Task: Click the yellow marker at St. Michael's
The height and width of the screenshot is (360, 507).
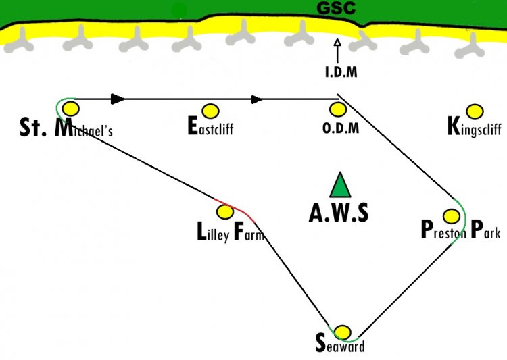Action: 71,108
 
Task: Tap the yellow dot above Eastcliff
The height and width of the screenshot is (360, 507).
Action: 210,111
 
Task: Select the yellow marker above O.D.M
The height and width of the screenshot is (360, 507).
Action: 338,109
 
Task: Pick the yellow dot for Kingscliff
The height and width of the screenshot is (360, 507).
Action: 475,111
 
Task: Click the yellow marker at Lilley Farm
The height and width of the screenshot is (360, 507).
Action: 224,211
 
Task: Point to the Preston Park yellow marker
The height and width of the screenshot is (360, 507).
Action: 452,216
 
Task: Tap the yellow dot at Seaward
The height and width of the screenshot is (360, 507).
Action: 342,332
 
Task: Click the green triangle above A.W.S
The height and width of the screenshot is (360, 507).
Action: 340,185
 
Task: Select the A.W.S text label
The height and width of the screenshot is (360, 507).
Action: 339,213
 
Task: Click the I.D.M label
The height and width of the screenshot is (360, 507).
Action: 341,72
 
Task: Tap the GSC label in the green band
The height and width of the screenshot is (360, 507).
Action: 336,7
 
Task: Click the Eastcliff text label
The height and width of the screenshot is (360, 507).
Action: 210,126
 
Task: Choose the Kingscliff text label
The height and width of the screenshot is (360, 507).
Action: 475,127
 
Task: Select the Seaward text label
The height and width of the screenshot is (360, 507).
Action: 340,343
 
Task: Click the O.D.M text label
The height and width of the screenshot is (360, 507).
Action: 341,128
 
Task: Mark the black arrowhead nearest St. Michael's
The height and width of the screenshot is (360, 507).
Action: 118,99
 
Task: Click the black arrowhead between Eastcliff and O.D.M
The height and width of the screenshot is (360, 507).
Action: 258,99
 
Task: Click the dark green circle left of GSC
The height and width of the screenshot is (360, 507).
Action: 179,11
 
